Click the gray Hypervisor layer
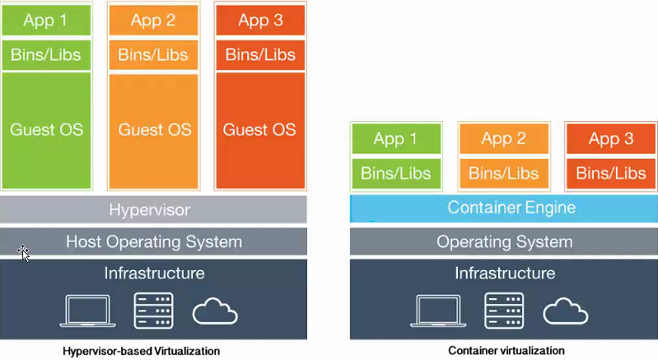pyautogui.click(x=154, y=210)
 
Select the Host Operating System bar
pyautogui.click(x=154, y=241)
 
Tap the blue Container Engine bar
pyautogui.click(x=504, y=208)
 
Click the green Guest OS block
pyautogui.click(x=47, y=130)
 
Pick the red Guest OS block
pyautogui.click(x=259, y=130)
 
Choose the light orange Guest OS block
pyautogui.click(x=154, y=130)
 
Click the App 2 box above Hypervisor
pyautogui.click(x=153, y=21)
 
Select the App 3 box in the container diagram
pyautogui.click(x=611, y=138)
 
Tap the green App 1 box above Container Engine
pyautogui.click(x=396, y=138)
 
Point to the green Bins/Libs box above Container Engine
pyautogui.click(x=396, y=173)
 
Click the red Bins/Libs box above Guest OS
pyautogui.click(x=260, y=55)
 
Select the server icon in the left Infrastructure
pyautogui.click(x=152, y=310)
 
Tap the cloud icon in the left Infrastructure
pyautogui.click(x=215, y=311)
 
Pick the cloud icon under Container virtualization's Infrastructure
pyautogui.click(x=566, y=311)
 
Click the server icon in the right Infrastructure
pyautogui.click(x=503, y=310)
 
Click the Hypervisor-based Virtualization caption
pyautogui.click(x=142, y=351)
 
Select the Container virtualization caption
pyautogui.click(x=506, y=351)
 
